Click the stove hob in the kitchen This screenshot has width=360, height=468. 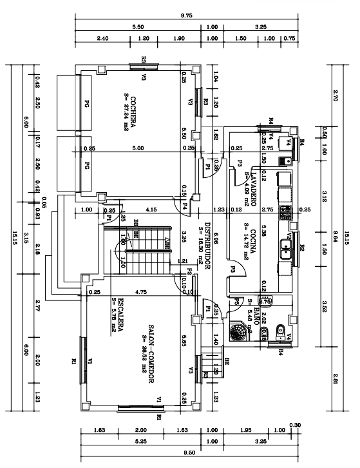click(x=286, y=209)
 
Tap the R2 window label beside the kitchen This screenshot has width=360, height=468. click(x=301, y=248)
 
